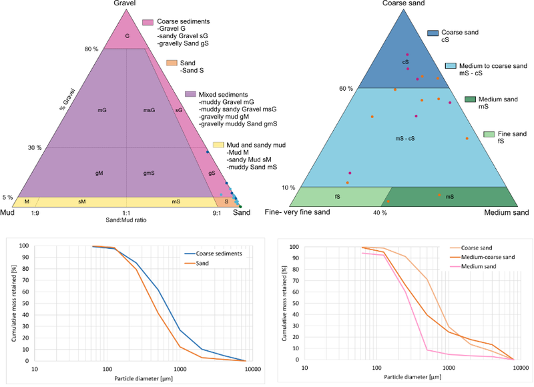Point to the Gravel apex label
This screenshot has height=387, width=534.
click(127, 5)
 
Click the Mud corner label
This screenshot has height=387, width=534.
click(8, 213)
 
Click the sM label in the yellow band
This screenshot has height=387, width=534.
click(82, 201)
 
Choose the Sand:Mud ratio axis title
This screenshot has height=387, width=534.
click(127, 220)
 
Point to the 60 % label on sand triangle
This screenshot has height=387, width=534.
click(345, 89)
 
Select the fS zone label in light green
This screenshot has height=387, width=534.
click(337, 197)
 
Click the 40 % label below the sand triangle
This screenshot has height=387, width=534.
click(380, 213)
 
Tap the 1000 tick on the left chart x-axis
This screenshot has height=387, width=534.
click(179, 368)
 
